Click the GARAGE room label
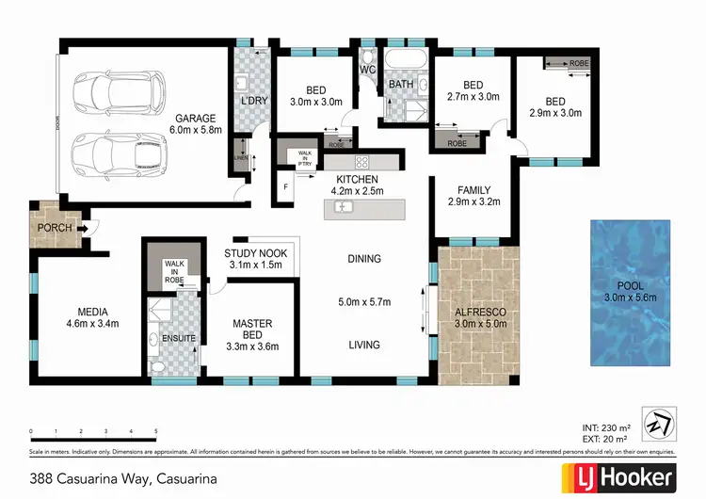click(x=195, y=117)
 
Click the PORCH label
click(x=50, y=227)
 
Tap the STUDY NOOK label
click(x=255, y=253)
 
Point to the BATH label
click(x=401, y=85)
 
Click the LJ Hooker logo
click(x=618, y=476)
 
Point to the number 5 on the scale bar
click(x=155, y=431)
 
